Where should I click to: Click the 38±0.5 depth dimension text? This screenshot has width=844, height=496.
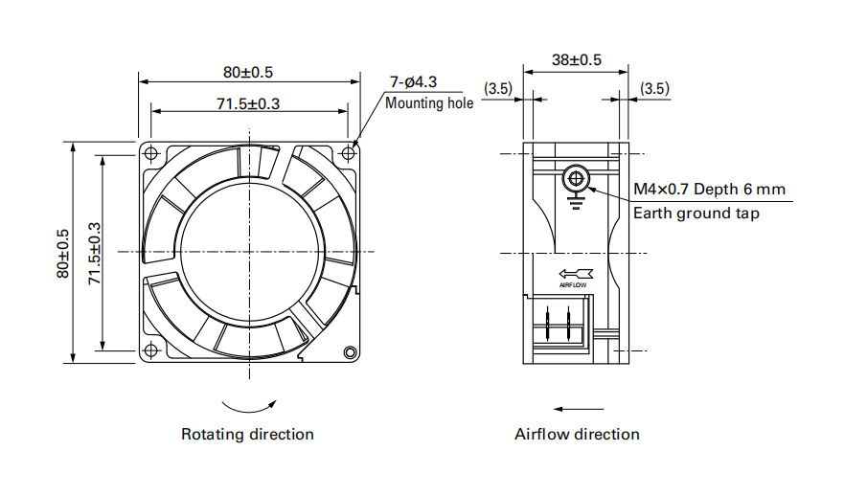pos(576,59)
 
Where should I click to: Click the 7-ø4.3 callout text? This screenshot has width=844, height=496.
pos(414,82)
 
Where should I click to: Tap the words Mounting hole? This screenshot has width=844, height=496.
pos(429,103)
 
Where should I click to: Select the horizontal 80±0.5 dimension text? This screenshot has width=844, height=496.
pos(248,72)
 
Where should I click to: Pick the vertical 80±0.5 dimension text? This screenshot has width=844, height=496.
pos(63,254)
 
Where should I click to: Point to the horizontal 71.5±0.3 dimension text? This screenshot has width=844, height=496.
pos(248,103)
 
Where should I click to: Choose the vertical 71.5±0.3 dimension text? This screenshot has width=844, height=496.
pos(95,254)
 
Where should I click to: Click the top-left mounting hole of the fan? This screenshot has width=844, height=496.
pos(151,154)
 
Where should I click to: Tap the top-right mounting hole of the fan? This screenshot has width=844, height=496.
pos(349,154)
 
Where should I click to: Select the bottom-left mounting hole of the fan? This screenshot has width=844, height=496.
pos(151,350)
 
